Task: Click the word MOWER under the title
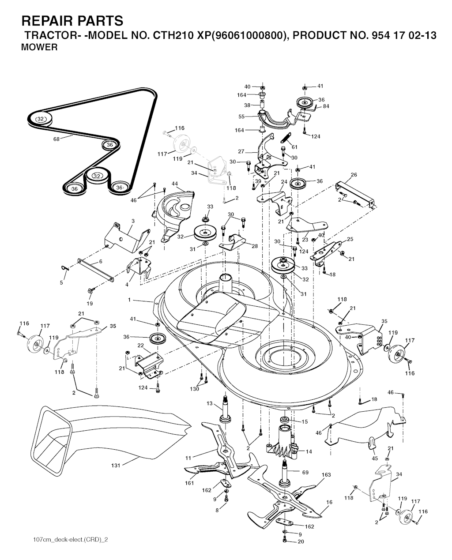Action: point(39,48)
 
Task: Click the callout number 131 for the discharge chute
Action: point(116,465)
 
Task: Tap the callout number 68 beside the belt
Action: point(56,139)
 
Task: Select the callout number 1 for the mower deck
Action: point(129,300)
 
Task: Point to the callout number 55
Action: point(241,117)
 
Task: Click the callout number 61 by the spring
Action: point(294,147)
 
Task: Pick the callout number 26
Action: point(354,175)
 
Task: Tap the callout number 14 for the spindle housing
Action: point(309,451)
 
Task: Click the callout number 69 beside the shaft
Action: point(305,472)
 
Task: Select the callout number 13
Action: point(210,403)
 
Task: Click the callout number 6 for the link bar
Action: point(101,262)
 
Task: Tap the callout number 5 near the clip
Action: point(61,282)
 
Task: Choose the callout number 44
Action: point(175,184)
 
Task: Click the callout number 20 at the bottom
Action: point(301,541)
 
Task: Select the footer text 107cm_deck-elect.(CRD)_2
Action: point(71,537)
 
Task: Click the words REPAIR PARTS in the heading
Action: point(72,21)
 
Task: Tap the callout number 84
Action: point(326,106)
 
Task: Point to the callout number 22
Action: point(141,346)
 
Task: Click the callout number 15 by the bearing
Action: point(305,421)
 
